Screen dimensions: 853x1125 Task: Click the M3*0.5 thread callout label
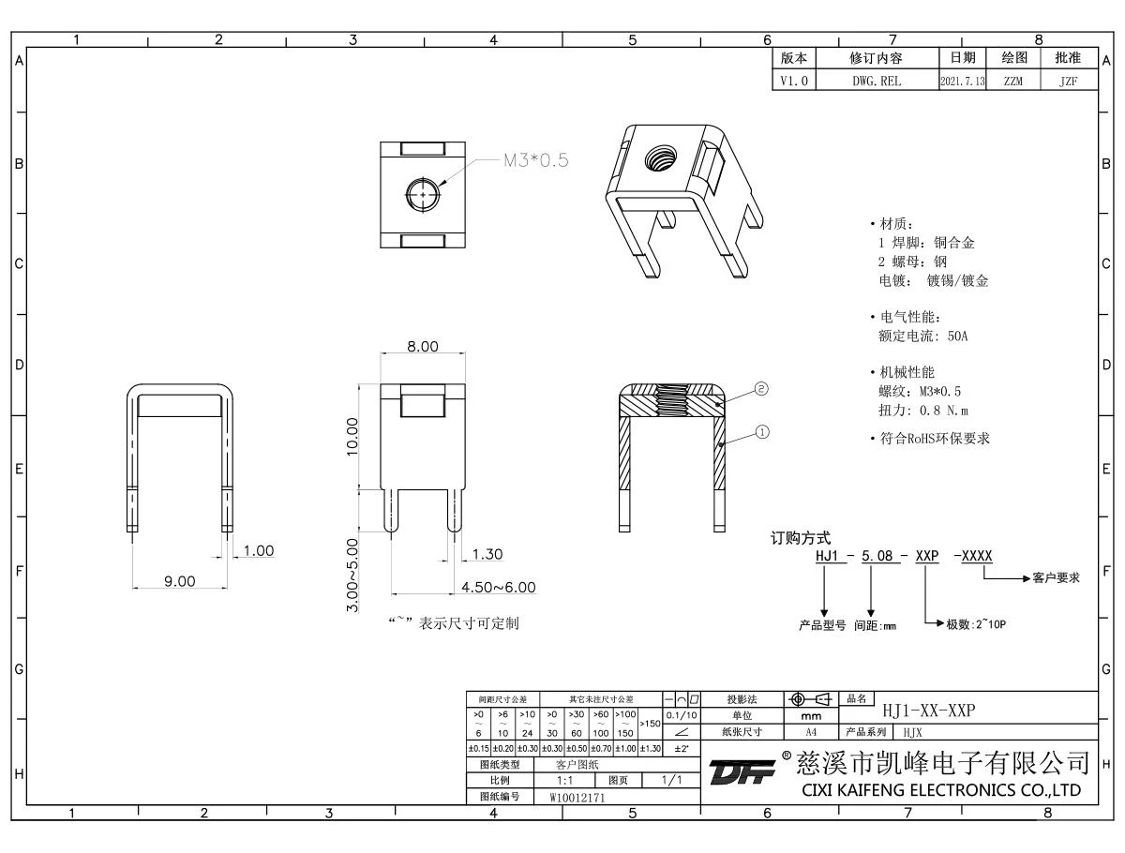tap(536, 160)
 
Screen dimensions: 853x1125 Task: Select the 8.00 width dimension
tap(422, 347)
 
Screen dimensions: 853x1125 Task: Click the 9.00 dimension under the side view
tap(180, 582)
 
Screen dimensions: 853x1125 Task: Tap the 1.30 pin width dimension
tap(487, 555)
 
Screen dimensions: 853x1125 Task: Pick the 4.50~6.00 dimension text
tap(498, 588)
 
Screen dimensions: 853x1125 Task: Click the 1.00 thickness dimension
tap(258, 550)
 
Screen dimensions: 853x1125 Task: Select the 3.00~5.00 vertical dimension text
tap(352, 575)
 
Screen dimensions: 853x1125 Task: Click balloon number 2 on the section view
tap(761, 388)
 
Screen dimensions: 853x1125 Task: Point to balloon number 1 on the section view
tap(761, 433)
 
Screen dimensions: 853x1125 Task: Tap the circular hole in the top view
tap(422, 194)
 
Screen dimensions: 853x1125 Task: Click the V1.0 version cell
tap(792, 82)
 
